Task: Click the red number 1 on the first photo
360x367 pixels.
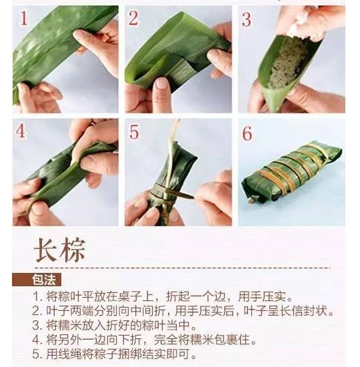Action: [x=23, y=18]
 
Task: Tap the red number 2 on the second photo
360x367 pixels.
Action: [x=133, y=18]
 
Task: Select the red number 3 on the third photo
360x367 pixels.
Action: [x=247, y=19]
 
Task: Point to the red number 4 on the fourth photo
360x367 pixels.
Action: [x=21, y=131]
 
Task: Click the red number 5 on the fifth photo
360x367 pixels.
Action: [x=134, y=131]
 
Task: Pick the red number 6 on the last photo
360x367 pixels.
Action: [x=247, y=133]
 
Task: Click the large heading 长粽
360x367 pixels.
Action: [x=60, y=250]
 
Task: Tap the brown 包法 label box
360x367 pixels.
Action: [x=37, y=280]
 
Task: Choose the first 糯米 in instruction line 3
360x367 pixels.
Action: [x=71, y=325]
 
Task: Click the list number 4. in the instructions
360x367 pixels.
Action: [x=38, y=340]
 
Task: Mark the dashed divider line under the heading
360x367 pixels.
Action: [x=182, y=268]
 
